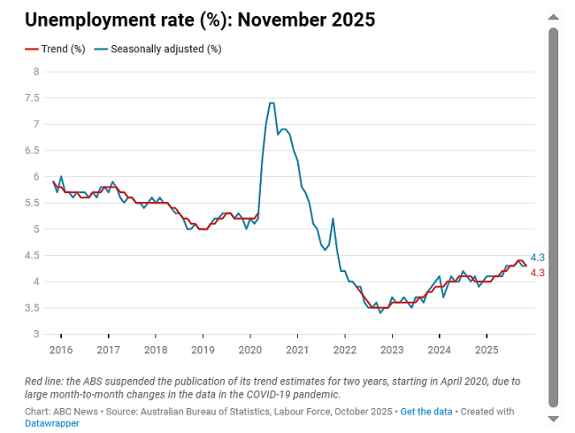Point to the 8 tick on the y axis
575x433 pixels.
click(x=36, y=72)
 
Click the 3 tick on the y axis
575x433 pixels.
click(x=36, y=334)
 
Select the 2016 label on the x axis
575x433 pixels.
click(x=61, y=350)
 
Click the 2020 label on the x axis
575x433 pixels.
click(x=250, y=350)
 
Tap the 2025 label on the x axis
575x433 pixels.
click(x=487, y=350)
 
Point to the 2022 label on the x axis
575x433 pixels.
click(x=345, y=350)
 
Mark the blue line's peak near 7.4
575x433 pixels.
click(x=271, y=104)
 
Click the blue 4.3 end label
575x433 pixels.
click(x=537, y=258)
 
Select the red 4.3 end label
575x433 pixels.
click(x=537, y=273)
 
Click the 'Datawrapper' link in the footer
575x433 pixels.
click(x=52, y=423)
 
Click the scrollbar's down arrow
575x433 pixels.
click(x=554, y=418)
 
